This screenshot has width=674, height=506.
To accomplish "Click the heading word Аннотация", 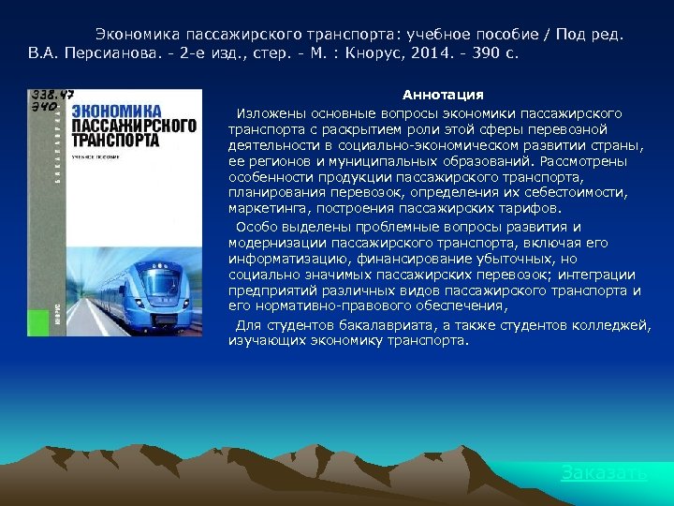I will point(443,95).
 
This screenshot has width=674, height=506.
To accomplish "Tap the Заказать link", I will point(603,473).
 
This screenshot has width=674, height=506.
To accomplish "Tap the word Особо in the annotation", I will point(254,227).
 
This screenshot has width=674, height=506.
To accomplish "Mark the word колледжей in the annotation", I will point(616,324).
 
